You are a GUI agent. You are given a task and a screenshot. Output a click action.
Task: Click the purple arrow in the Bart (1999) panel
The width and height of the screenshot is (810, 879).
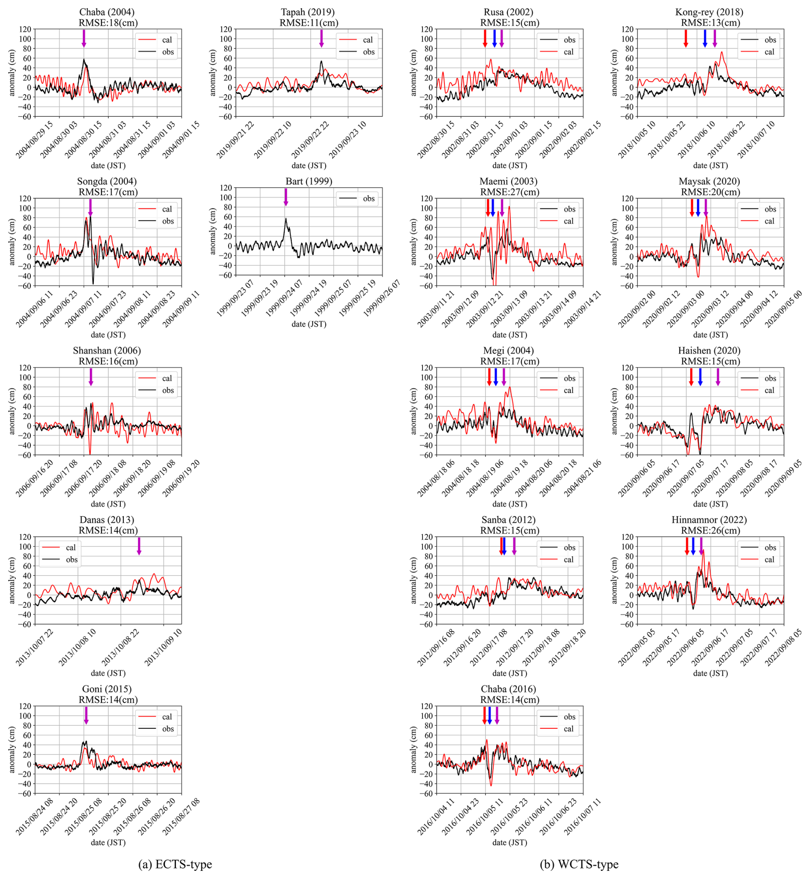tap(286, 197)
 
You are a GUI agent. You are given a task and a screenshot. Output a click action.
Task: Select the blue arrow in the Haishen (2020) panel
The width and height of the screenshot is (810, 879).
tap(700, 377)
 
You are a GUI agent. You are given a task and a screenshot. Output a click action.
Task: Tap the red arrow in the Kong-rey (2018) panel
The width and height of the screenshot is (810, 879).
tap(685, 39)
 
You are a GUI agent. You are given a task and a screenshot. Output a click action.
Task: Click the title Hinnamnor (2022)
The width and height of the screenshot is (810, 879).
tap(709, 519)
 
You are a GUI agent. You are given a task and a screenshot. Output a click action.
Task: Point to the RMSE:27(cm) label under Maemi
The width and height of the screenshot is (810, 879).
tap(509, 192)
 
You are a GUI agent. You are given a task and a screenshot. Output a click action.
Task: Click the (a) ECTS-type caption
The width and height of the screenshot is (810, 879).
tap(175, 864)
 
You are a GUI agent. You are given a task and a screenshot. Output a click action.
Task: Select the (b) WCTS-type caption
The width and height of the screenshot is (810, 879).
tap(579, 864)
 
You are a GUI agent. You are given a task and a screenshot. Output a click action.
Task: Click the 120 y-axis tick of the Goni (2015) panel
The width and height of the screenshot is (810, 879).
tap(25, 706)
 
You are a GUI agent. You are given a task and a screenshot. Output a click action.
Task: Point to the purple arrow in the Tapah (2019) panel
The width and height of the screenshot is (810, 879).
tap(321, 39)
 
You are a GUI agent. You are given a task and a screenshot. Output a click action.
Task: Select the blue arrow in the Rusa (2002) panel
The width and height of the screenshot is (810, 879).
tap(494, 39)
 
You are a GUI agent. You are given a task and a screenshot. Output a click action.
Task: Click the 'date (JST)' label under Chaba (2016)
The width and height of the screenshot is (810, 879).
tap(509, 842)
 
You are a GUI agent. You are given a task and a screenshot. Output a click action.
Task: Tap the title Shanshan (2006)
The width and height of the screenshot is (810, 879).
tap(107, 350)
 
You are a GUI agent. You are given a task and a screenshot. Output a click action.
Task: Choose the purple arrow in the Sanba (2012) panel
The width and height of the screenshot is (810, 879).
tap(514, 546)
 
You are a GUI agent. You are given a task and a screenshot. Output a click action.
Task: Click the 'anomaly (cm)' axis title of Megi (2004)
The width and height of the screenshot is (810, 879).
tap(413, 411)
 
